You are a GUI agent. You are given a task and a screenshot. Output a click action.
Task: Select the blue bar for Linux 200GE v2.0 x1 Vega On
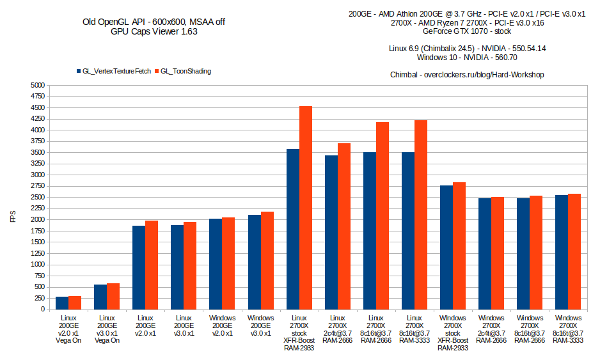[62, 303]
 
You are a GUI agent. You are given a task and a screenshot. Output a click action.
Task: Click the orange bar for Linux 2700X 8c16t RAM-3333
[421, 215]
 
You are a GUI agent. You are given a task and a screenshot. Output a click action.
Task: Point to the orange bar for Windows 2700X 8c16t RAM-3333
[574, 251]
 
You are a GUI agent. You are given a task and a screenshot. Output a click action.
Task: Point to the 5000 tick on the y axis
[37, 85]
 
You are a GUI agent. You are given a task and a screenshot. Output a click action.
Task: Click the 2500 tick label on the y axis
[37, 198]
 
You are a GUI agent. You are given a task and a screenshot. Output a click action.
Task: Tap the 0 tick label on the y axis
[42, 309]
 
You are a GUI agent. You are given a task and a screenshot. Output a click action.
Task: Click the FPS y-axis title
[13, 217]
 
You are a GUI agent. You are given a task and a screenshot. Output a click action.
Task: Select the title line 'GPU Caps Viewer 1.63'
[154, 32]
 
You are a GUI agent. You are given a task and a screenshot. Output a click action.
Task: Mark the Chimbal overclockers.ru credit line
[467, 75]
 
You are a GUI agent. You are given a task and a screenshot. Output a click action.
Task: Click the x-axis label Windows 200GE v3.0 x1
[260, 325]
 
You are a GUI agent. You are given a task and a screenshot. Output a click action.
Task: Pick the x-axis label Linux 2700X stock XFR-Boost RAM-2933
[299, 333]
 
